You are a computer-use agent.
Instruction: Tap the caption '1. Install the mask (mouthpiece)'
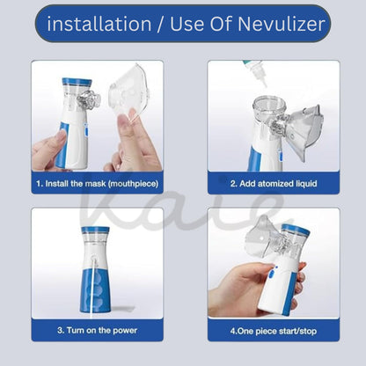(x=97, y=184)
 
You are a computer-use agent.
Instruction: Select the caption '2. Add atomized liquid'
(x=274, y=184)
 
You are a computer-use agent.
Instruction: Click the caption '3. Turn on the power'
(x=97, y=330)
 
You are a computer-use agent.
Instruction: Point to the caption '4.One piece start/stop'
(x=274, y=330)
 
